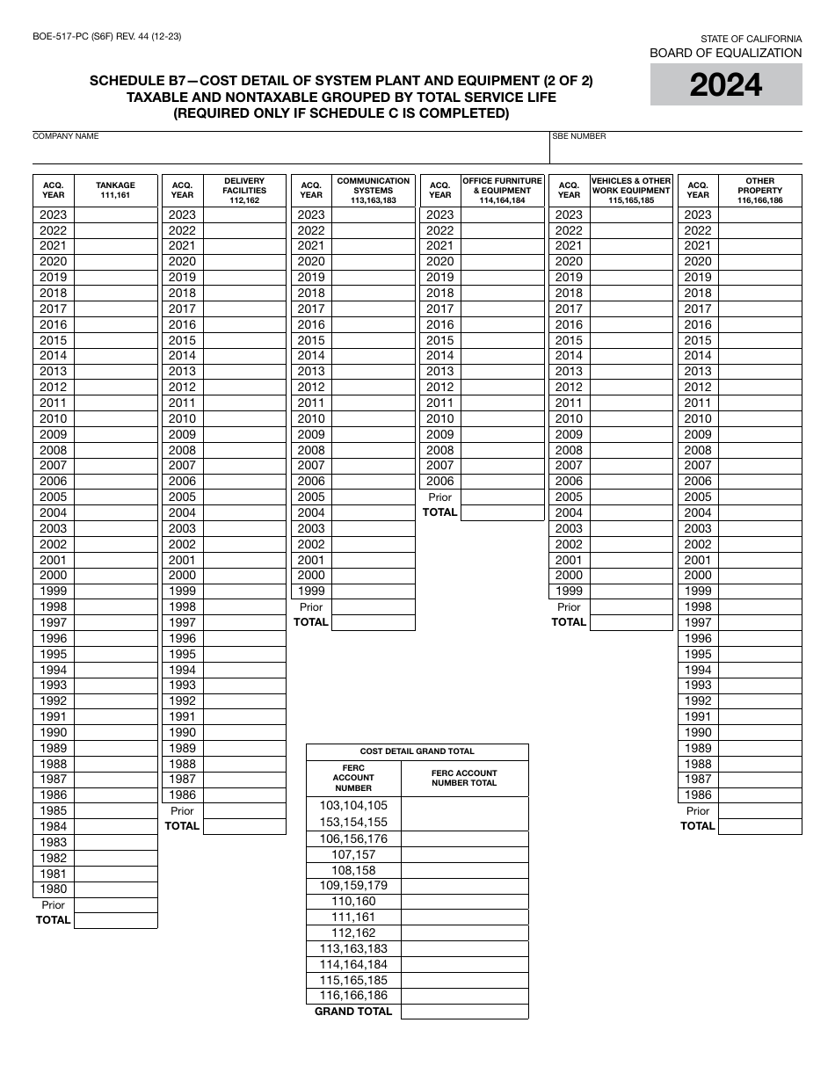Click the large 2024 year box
tap(725, 85)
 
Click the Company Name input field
tap(290, 152)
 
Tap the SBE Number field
tap(675, 152)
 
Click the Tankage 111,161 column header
tap(115, 191)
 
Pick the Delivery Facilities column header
tap(244, 191)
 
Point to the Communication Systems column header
tap(373, 191)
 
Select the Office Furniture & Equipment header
tap(502, 191)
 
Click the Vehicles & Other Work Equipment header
tap(630, 191)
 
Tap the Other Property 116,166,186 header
tap(759, 191)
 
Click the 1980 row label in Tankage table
tap(54, 889)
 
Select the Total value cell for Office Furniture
tap(502, 512)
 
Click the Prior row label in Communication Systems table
tap(311, 607)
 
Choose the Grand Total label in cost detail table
tap(353, 1012)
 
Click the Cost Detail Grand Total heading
tap(417, 751)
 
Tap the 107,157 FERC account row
tap(353, 855)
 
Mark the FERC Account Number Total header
tap(464, 779)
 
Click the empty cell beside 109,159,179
tap(464, 886)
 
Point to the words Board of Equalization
tap(725, 53)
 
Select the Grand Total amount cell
tap(464, 1012)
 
